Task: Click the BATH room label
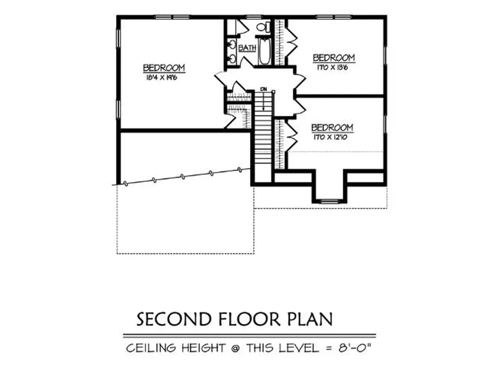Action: [247, 48]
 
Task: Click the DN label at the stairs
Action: [264, 90]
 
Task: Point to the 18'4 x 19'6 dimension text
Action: [160, 77]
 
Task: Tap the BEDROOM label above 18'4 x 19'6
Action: [164, 68]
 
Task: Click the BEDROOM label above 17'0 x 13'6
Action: [334, 58]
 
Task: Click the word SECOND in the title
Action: [173, 319]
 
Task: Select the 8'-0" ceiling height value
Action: [358, 348]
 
